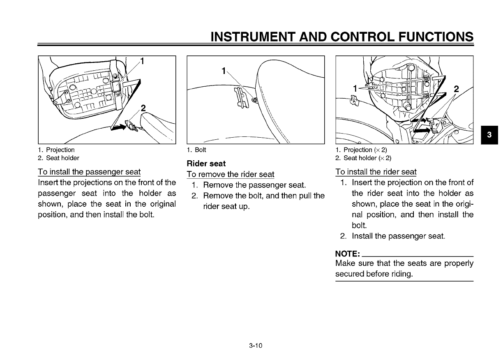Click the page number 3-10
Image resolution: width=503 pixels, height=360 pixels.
tap(255, 345)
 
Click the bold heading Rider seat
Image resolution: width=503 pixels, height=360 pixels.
tap(206, 164)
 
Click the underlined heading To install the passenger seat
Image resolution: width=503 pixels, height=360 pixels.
tap(89, 172)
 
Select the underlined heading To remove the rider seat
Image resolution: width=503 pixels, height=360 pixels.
tap(231, 174)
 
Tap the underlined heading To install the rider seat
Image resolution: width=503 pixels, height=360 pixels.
tap(376, 172)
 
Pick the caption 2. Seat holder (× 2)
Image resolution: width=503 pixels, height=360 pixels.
tap(363, 158)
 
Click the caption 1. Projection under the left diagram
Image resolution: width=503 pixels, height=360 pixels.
tap(56, 150)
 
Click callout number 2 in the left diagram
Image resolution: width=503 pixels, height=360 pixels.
tap(143, 108)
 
